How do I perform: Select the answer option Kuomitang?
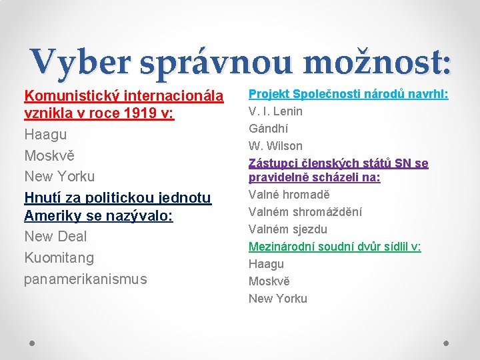click(x=59, y=257)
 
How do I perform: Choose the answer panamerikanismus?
click(x=85, y=279)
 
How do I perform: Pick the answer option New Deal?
click(x=55, y=237)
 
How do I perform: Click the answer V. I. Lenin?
click(x=275, y=111)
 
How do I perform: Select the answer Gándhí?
click(x=268, y=129)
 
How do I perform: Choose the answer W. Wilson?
click(x=275, y=146)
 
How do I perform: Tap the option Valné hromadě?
click(x=289, y=195)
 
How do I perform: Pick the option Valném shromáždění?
click(x=305, y=212)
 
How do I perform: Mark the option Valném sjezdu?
click(x=287, y=229)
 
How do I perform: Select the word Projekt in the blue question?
click(x=268, y=94)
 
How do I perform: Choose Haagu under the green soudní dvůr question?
click(x=266, y=264)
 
